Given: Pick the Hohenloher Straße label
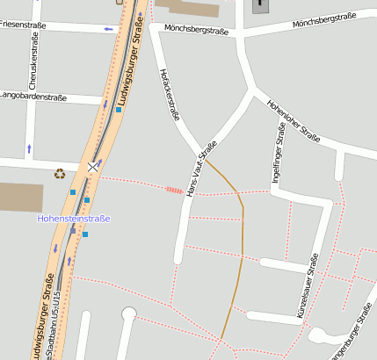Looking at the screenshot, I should coord(294,119).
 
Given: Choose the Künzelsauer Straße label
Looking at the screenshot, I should coord(308,284).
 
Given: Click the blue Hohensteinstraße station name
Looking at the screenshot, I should coord(74,218).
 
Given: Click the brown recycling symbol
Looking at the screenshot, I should coord(60,173).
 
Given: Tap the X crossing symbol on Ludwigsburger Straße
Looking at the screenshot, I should coord(93,166).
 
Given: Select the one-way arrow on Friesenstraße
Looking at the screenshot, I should coord(109,29).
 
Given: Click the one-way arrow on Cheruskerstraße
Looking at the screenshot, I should coord(29,148).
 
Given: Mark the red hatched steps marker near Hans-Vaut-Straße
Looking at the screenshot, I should coord(174,189).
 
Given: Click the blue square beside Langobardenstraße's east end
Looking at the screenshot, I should coord(119,110).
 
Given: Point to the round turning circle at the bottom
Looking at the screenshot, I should coord(129,313).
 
